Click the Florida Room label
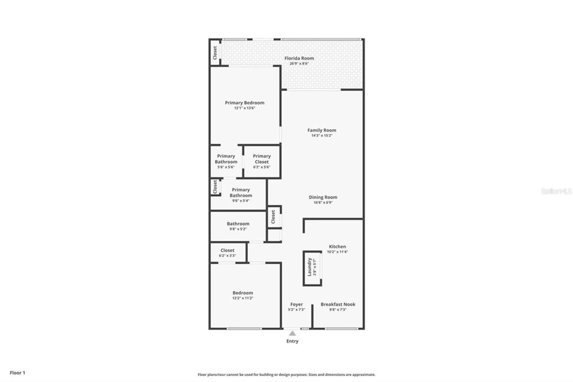click(299, 58)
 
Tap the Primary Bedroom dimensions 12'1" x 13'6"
click(244, 108)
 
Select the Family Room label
click(322, 130)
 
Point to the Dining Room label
click(323, 197)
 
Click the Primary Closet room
click(262, 161)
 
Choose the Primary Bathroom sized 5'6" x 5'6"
click(226, 161)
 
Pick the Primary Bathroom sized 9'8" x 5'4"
click(241, 195)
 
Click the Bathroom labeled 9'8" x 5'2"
click(238, 226)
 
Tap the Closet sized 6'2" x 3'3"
click(227, 253)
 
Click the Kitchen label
click(337, 247)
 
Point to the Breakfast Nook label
click(338, 304)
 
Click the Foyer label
click(297, 305)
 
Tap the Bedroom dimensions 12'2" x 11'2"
click(243, 298)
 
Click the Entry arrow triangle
click(292, 333)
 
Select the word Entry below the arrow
click(292, 341)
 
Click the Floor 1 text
click(17, 373)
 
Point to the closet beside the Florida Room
click(215, 53)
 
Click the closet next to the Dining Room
click(273, 217)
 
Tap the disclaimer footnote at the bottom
click(286, 375)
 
